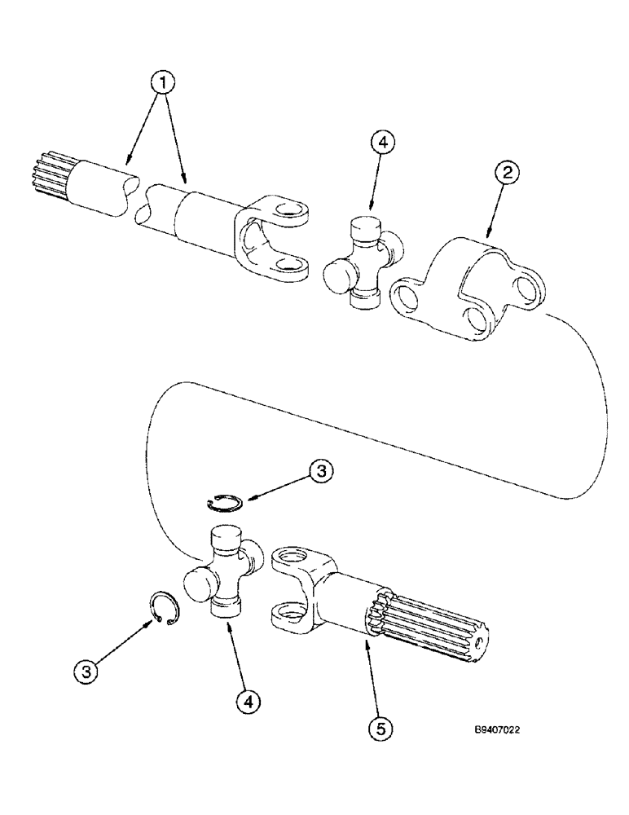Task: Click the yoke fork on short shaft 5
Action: click(x=301, y=587)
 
